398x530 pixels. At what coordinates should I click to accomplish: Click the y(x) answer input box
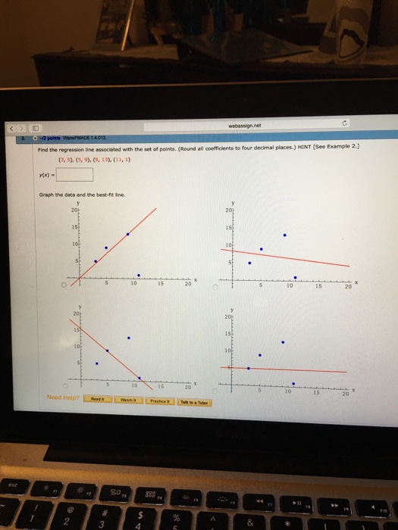click(79, 175)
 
